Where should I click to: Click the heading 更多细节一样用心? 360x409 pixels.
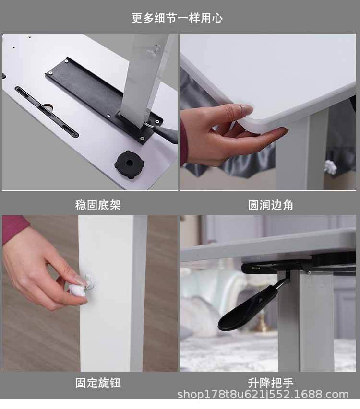(177, 18)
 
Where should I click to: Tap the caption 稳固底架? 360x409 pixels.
(98, 205)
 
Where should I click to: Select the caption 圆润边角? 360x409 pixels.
(270, 205)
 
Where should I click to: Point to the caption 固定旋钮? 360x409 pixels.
(98, 383)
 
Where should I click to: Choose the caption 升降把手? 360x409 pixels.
(270, 383)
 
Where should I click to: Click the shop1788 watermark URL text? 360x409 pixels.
(263, 395)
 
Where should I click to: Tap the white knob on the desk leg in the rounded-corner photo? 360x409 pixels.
(331, 167)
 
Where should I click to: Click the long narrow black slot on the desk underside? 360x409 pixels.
(47, 112)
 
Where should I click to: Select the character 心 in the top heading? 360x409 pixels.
(217, 18)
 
